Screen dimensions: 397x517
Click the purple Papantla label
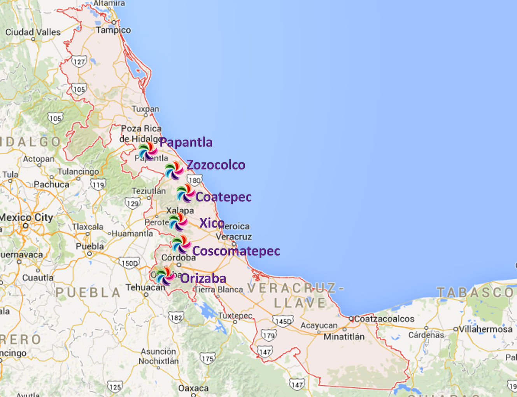coord(186,142)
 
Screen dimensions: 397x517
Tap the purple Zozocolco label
coord(216,165)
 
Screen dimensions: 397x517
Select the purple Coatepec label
coord(223,197)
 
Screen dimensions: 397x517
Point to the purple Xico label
coord(212,223)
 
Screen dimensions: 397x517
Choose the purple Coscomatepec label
coord(236,251)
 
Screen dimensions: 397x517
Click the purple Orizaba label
coord(203,278)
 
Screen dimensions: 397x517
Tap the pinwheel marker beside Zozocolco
coord(174,170)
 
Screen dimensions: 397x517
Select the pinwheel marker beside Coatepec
coord(186,193)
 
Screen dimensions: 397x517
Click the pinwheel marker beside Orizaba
coord(165,276)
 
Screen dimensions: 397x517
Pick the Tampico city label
coord(113,30)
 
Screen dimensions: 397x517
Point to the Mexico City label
coord(26,217)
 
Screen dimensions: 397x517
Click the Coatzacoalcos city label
coord(384,319)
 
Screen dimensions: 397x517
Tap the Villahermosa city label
coord(485,329)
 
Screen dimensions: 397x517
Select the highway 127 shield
coord(79,61)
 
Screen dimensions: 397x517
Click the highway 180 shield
coord(194,180)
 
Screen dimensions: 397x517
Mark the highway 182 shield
coord(176,318)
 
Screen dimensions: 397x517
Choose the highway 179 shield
coord(268,335)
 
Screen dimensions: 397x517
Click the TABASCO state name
coord(475,292)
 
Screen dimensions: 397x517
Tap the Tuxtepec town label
coord(235,315)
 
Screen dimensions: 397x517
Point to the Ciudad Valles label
coord(33,32)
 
